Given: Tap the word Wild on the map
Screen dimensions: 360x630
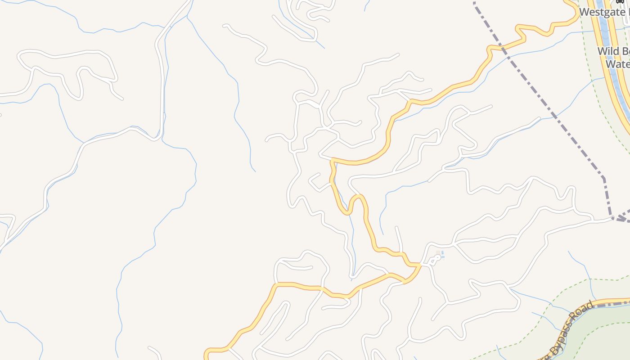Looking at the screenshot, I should [607, 51].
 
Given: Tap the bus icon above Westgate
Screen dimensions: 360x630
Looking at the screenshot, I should [620, 1].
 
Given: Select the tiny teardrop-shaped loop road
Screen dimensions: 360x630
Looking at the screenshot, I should [435, 260].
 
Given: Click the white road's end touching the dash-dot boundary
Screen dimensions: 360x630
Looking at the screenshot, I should [612, 218].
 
